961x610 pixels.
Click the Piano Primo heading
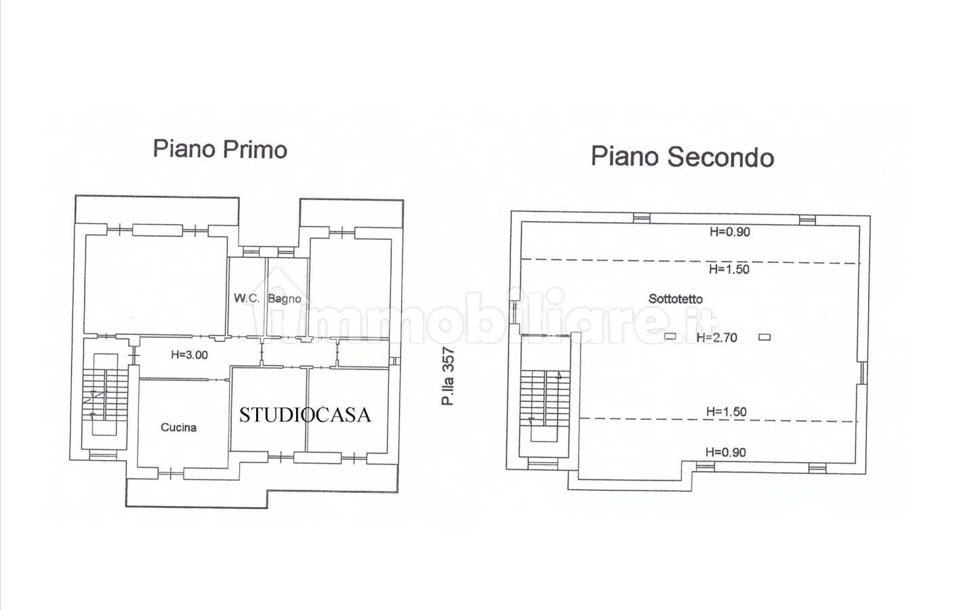220,150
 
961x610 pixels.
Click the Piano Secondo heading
682,157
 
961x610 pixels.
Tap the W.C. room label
246,298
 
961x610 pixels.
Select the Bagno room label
285,299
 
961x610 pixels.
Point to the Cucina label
178,427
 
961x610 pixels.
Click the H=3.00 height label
189,354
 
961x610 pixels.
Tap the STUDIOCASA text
304,415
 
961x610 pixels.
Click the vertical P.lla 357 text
448,376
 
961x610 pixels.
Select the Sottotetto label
675,299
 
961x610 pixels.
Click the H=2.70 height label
716,338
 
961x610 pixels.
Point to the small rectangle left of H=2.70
670,337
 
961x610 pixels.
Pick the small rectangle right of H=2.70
764,337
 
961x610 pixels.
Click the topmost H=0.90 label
730,232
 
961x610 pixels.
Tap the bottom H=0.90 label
725,452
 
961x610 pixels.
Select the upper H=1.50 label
729,269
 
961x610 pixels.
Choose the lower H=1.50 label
727,412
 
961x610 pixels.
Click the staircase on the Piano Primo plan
105,394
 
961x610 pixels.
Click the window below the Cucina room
171,474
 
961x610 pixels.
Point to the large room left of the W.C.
155,285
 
